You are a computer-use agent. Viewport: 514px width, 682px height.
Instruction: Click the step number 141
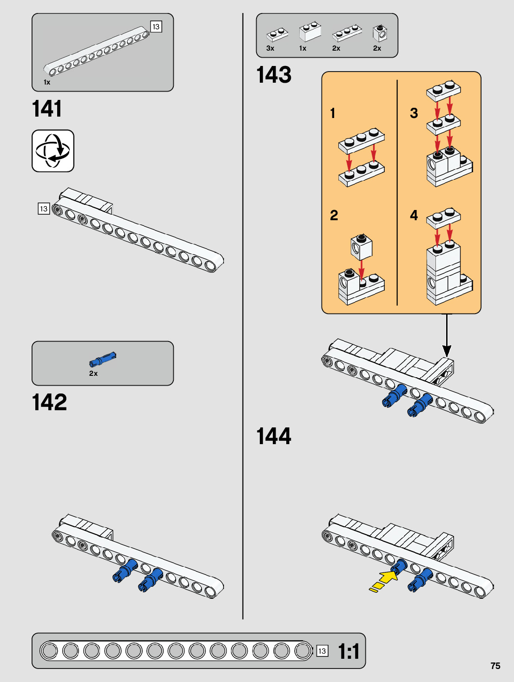click(x=47, y=109)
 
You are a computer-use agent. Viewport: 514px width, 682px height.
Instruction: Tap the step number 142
click(x=49, y=402)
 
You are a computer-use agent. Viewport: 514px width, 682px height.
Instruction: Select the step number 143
click(x=274, y=75)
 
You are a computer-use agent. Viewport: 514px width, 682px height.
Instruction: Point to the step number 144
click(x=274, y=436)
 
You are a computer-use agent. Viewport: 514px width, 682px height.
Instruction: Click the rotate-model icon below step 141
click(x=53, y=151)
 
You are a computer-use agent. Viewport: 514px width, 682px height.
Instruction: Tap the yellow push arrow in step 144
click(x=384, y=580)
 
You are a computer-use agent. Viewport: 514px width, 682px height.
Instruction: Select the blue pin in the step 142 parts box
click(x=103, y=359)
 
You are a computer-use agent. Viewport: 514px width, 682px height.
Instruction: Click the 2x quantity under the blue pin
click(x=93, y=374)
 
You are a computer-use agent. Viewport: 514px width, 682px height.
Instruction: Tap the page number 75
click(x=495, y=666)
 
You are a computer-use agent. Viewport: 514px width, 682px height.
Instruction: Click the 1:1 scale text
click(x=349, y=651)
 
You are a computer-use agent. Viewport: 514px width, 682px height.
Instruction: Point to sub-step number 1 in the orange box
click(x=333, y=113)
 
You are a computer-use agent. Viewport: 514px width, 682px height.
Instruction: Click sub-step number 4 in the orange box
click(x=414, y=215)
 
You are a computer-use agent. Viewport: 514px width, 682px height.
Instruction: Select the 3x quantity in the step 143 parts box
click(x=270, y=48)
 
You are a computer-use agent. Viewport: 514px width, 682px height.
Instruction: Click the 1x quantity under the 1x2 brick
click(x=303, y=48)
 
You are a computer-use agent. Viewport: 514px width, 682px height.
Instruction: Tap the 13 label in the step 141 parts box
click(x=156, y=27)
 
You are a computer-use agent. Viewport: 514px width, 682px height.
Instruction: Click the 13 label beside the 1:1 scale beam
click(x=322, y=651)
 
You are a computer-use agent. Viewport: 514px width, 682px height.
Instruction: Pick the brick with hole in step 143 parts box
click(x=380, y=33)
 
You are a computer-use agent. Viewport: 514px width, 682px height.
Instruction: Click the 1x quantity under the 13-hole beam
click(x=47, y=82)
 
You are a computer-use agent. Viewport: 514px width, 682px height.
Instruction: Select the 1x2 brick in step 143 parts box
click(x=310, y=32)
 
